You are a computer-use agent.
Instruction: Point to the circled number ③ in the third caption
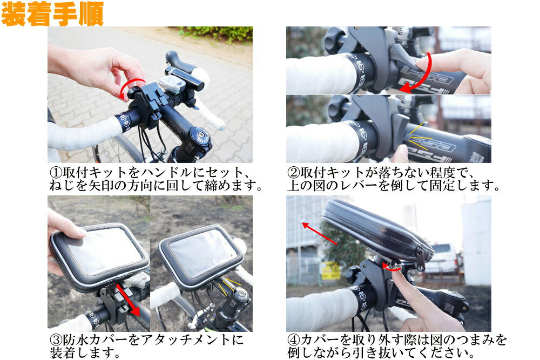pyautogui.click(x=56, y=341)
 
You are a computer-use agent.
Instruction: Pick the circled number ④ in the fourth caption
pyautogui.click(x=294, y=341)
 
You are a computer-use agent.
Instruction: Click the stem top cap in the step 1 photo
pyautogui.click(x=201, y=134)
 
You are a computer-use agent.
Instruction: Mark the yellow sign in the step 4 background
pyautogui.click(x=330, y=270)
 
